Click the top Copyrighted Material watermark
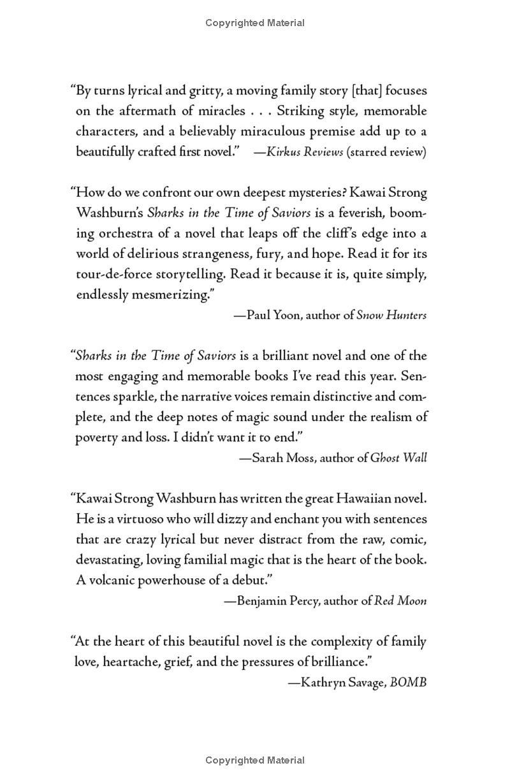255,23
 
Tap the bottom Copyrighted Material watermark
255,760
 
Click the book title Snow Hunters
391,315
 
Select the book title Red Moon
400,601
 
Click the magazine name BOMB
408,682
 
